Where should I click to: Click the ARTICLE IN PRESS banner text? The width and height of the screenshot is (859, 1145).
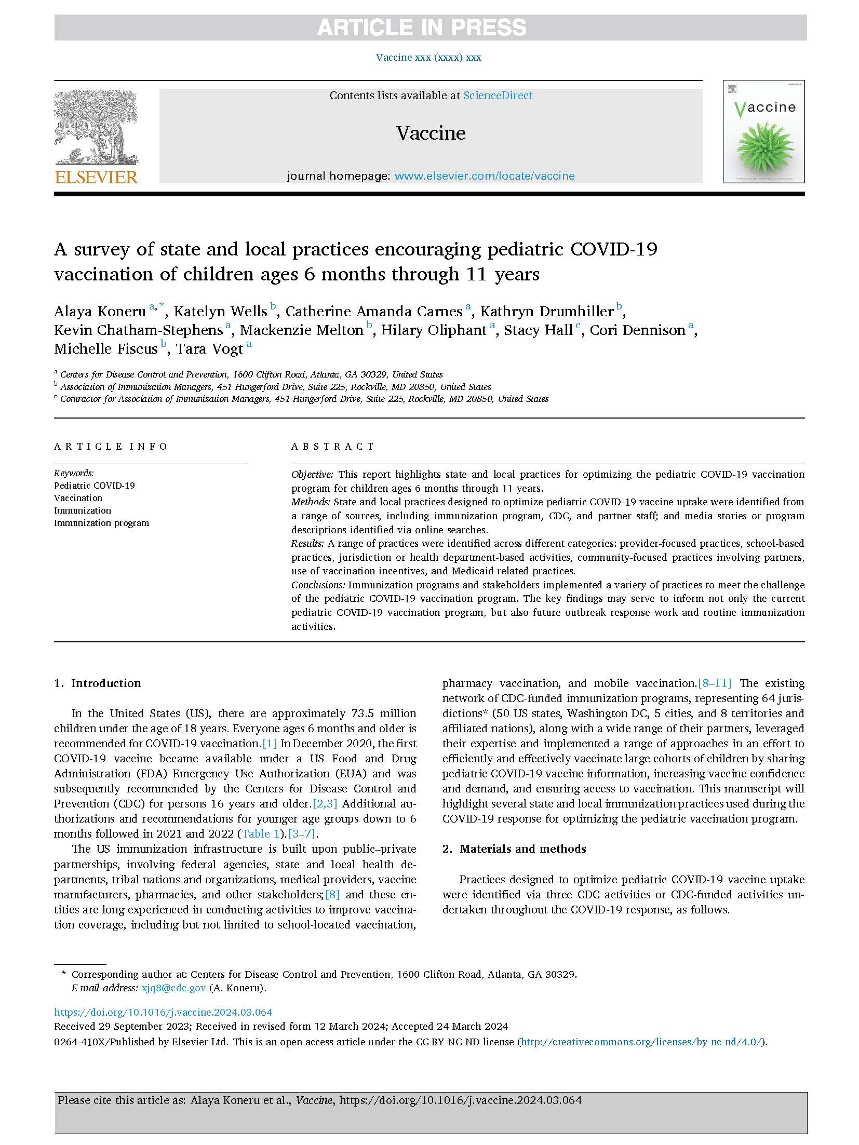pos(421,28)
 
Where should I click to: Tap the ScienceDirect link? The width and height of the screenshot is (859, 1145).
pos(498,96)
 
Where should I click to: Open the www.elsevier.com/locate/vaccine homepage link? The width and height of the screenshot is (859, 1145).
pos(485,176)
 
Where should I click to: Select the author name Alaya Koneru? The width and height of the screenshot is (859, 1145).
pos(100,312)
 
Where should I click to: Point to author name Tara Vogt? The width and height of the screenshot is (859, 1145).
pos(209,349)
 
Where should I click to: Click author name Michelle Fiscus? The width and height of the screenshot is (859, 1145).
pos(105,349)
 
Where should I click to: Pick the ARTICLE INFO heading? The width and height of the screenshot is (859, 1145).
pos(111,447)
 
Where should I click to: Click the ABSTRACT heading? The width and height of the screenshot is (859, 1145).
pos(332,447)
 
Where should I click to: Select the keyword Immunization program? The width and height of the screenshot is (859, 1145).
pos(101,523)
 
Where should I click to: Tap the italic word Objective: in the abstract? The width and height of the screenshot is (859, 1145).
pos(312,474)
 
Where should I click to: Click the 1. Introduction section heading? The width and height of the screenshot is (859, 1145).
pos(98,683)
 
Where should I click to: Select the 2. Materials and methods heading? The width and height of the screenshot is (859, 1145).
pos(514,849)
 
